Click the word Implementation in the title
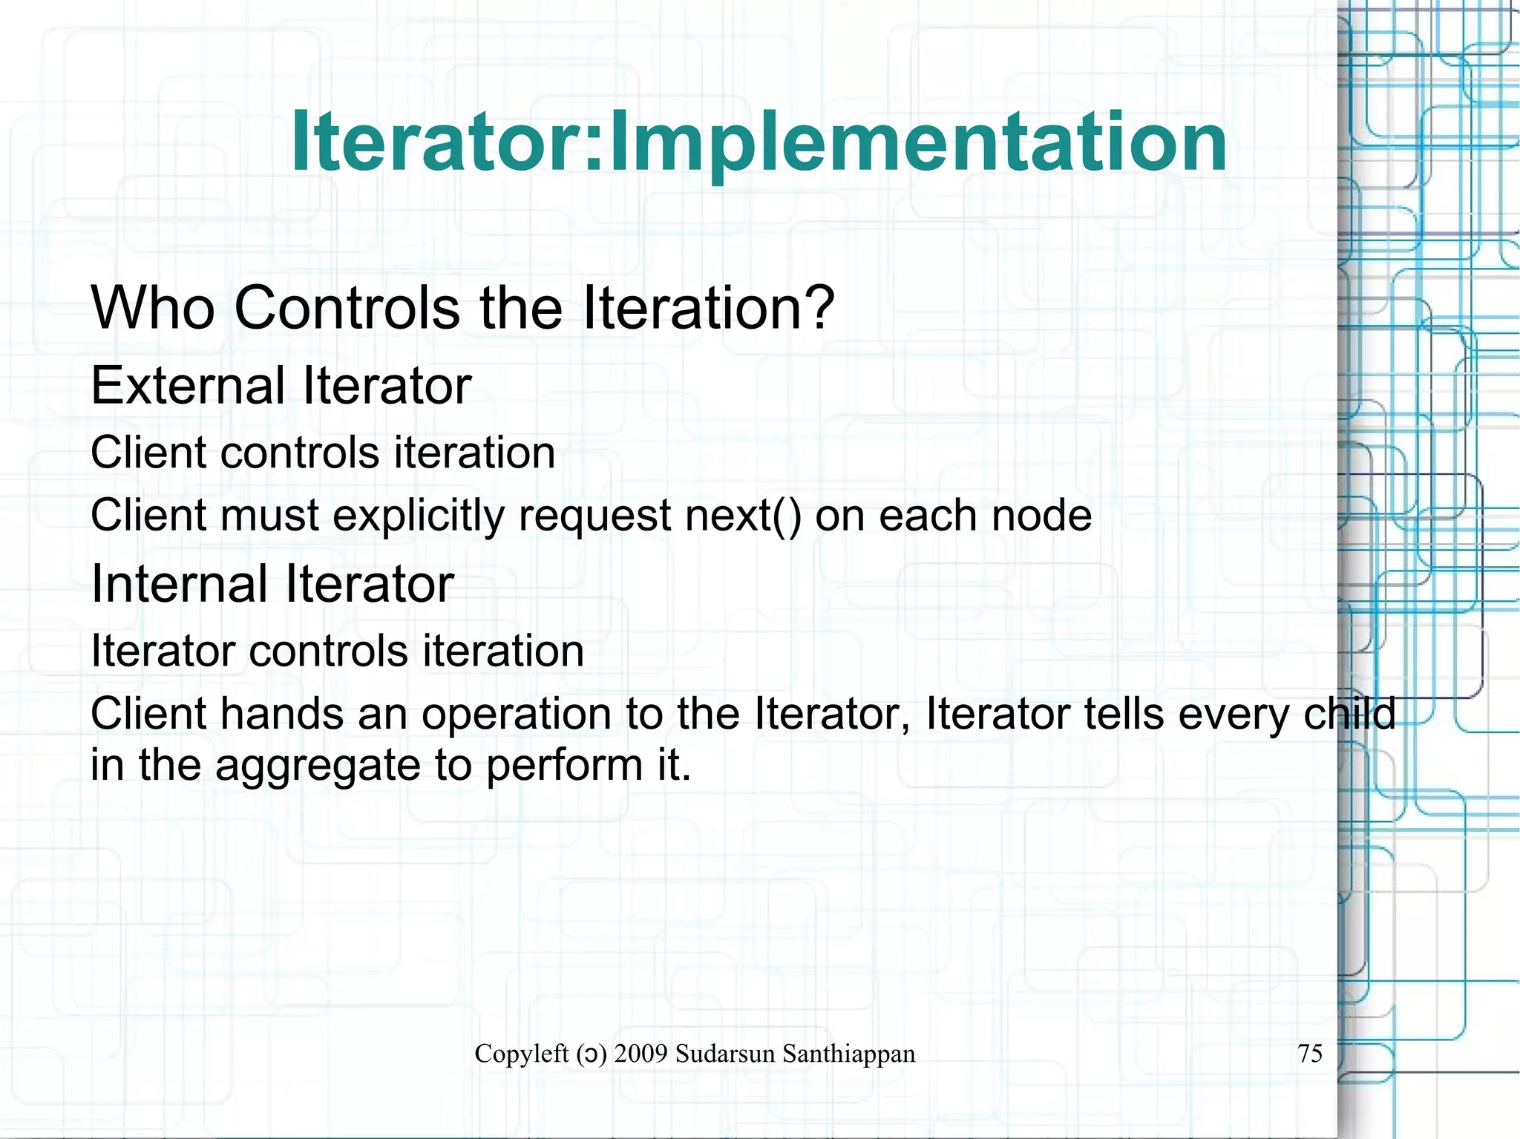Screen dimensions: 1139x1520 (917, 142)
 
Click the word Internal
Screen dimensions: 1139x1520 (179, 584)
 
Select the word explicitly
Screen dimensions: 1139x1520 (419, 516)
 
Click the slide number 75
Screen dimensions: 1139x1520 (1310, 1054)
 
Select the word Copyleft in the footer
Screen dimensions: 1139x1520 (522, 1054)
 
